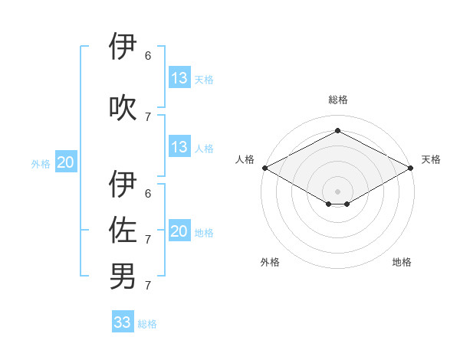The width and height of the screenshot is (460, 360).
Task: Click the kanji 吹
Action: [x=123, y=108]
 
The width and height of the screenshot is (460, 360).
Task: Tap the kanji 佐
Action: [x=123, y=231]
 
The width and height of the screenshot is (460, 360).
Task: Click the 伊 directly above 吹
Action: [x=123, y=47]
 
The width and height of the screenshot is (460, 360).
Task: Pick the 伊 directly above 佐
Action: [x=123, y=185]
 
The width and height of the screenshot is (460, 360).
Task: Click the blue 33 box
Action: [x=123, y=322]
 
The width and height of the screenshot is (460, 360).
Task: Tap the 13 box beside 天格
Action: [x=179, y=78]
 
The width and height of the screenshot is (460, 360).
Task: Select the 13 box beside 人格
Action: [x=179, y=147]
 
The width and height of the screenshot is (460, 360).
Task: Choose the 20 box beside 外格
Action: [x=66, y=162]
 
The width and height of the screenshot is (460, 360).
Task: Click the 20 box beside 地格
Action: [x=179, y=231]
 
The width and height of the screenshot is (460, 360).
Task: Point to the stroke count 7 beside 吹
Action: [x=148, y=116]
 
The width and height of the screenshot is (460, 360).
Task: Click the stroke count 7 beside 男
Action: [x=148, y=286]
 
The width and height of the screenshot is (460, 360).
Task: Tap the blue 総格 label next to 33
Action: [x=148, y=324]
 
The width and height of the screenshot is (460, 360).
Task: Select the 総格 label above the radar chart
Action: [x=337, y=100]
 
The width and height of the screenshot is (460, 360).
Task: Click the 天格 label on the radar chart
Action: [x=431, y=159]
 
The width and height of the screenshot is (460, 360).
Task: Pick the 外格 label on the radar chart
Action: [x=270, y=262]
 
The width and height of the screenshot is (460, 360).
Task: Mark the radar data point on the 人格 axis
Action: [x=264, y=168]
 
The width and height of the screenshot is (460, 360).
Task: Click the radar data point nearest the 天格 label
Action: [x=411, y=168]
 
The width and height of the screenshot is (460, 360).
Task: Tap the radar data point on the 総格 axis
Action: [x=337, y=130]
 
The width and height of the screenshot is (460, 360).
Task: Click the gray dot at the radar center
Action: [x=337, y=191]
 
